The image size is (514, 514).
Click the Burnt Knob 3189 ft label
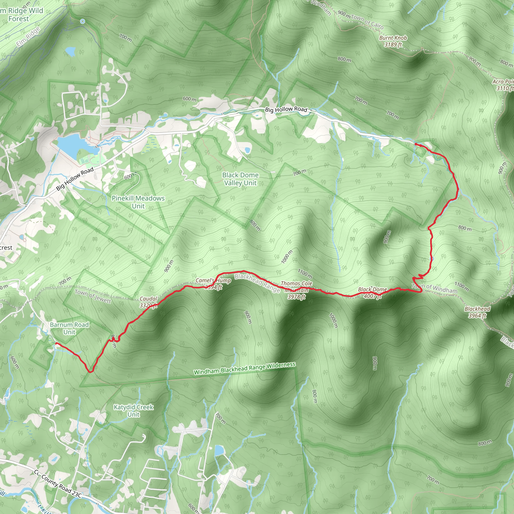pyautogui.click(x=393, y=41)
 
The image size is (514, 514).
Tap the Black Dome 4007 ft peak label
pyautogui.click(x=372, y=293)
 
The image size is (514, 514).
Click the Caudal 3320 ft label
pyautogui.click(x=149, y=302)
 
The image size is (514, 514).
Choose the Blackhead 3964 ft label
pyautogui.click(x=477, y=312)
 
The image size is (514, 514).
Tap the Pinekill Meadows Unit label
pyautogui.click(x=138, y=202)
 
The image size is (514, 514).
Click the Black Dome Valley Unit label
pyautogui.click(x=240, y=179)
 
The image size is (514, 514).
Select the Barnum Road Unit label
pyautogui.click(x=69, y=328)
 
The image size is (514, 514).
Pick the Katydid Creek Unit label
pyautogui.click(x=133, y=411)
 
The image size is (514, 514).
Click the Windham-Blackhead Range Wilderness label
pyautogui.click(x=244, y=368)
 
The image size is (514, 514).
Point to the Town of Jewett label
pyautogui.click(x=93, y=296)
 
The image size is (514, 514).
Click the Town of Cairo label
pyautogui.click(x=367, y=21)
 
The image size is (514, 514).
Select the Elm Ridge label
pyautogui.click(x=28, y=37)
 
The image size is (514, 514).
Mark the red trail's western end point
pyautogui.click(x=56, y=344)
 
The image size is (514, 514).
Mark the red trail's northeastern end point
pyautogui.click(x=416, y=144)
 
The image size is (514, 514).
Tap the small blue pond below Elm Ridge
pyautogui.click(x=71, y=51)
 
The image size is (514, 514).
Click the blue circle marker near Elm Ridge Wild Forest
pyautogui.click(x=83, y=21)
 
